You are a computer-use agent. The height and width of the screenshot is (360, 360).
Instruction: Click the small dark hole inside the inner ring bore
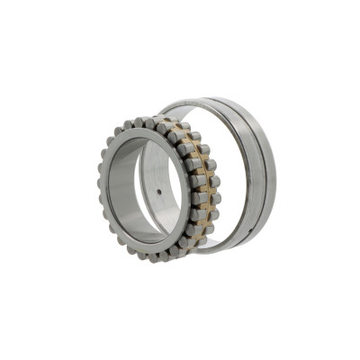click(x=159, y=192)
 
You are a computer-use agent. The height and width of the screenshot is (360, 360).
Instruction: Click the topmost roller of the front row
click(x=143, y=122)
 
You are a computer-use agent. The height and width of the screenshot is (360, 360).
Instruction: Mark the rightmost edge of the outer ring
click(x=275, y=171)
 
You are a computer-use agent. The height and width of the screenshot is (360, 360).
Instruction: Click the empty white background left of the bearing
click(x=45, y=180)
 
